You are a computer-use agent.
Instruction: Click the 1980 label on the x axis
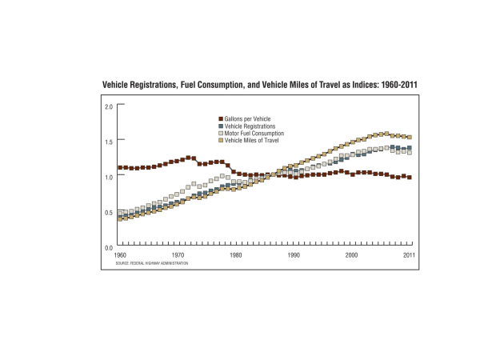click(x=235, y=255)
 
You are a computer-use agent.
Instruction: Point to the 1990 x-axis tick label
click(x=294, y=255)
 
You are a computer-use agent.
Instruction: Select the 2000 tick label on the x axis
click(x=351, y=255)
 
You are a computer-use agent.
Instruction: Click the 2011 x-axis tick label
click(x=410, y=255)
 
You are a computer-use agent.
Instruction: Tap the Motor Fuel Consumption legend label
click(x=256, y=134)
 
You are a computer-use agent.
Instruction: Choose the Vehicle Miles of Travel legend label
click(x=255, y=141)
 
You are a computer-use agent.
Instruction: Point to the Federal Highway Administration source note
click(x=151, y=263)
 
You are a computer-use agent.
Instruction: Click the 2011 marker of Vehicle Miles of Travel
click(x=410, y=138)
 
